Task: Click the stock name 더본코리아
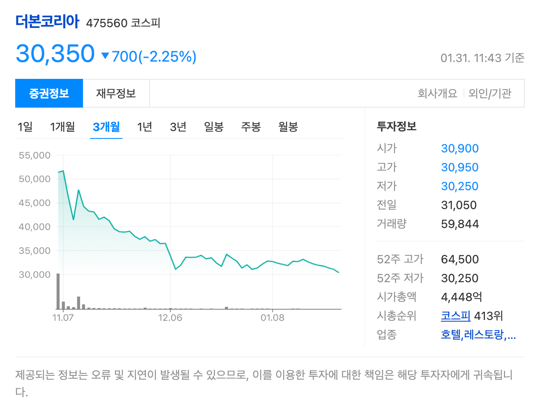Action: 47,21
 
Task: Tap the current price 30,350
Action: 55,54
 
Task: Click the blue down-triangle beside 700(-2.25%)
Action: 105,56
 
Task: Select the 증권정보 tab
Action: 49,94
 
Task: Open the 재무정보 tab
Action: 116,94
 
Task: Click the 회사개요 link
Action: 437,94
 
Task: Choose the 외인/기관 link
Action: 490,94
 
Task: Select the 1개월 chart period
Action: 62,127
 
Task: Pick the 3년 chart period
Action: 178,127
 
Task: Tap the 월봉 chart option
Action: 288,127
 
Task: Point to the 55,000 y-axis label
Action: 35,155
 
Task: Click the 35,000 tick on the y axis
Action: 35,251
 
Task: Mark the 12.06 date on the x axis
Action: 170,318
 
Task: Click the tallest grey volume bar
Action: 58,291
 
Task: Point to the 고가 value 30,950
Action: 460,168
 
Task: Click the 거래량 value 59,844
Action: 460,224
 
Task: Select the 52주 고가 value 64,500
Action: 460,260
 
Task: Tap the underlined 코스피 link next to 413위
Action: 455,316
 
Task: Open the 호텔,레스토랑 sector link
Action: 478,335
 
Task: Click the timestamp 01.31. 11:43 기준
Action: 482,58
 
